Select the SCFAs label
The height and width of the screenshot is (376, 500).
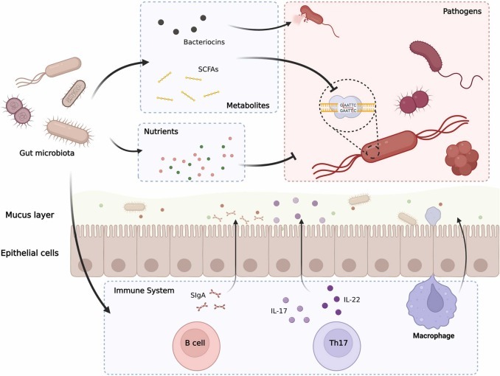(197, 67)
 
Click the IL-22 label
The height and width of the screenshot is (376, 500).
(350, 299)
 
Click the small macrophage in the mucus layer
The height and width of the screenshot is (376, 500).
(434, 215)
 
